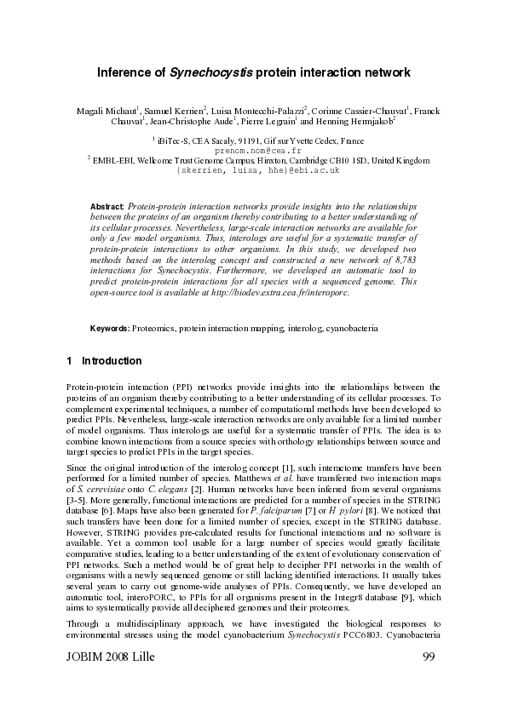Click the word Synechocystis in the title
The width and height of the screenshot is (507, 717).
(x=212, y=73)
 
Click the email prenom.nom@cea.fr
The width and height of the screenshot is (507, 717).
(x=252, y=149)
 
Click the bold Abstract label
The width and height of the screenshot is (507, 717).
(x=107, y=207)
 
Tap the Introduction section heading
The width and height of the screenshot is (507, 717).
(x=106, y=361)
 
